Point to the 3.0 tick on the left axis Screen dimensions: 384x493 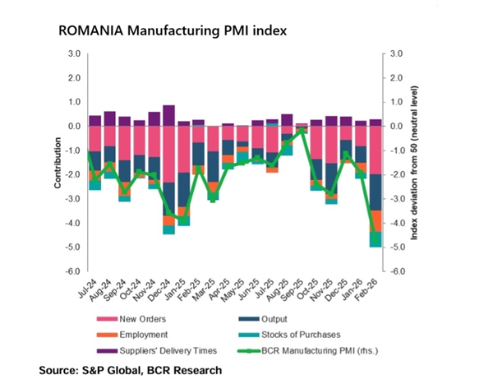pyautogui.click(x=73, y=54)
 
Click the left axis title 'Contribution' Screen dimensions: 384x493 pyautogui.click(x=58, y=163)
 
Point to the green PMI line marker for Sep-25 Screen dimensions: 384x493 pyautogui.click(x=302, y=130)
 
